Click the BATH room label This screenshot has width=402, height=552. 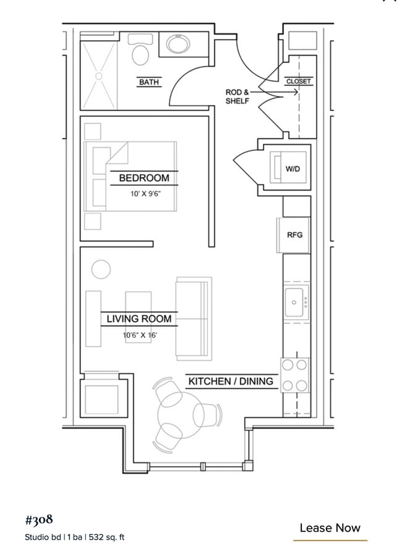click(x=149, y=82)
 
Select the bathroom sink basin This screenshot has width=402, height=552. click(x=179, y=44)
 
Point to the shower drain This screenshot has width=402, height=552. click(x=99, y=76)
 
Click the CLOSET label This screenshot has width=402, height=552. click(x=298, y=82)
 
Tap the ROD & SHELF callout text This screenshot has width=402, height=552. click(x=237, y=96)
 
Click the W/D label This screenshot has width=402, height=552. click(x=293, y=169)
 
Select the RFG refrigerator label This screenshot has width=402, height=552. click(x=294, y=235)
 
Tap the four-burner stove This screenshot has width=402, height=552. click(x=295, y=375)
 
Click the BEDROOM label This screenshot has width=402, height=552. click(x=144, y=178)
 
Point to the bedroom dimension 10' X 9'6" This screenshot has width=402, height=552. click(x=145, y=194)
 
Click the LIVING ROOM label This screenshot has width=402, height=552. click(x=139, y=319)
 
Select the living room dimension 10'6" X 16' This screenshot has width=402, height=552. click(x=140, y=335)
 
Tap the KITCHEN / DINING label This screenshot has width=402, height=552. click(x=231, y=381)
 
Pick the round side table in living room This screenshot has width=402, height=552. click(x=101, y=269)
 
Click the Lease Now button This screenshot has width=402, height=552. click(x=330, y=528)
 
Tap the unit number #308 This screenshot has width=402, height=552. click(x=39, y=520)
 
